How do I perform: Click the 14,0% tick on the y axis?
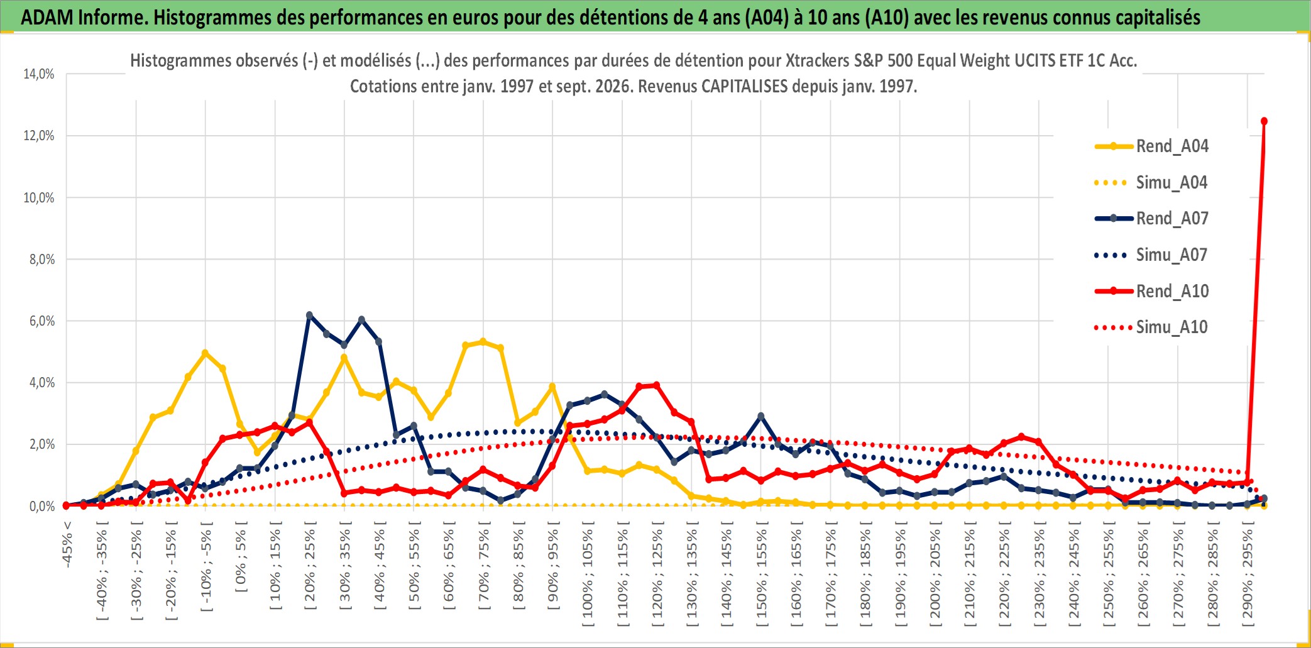click(39, 74)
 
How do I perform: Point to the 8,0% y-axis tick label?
click(42, 260)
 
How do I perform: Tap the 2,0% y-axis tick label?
click(42, 444)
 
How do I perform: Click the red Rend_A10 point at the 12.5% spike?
click(1264, 121)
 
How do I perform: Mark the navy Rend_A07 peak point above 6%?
click(309, 315)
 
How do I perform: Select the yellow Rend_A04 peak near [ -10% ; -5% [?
click(205, 353)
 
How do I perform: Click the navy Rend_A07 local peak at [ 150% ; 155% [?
click(760, 416)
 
